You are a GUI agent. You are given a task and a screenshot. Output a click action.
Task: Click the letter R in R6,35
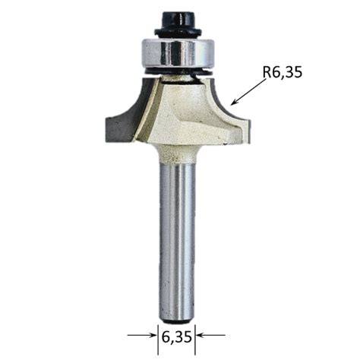tap(268, 73)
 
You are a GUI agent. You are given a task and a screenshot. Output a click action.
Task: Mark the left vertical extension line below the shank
tap(157, 333)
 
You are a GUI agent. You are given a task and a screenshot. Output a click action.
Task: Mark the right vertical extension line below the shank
tap(197, 333)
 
